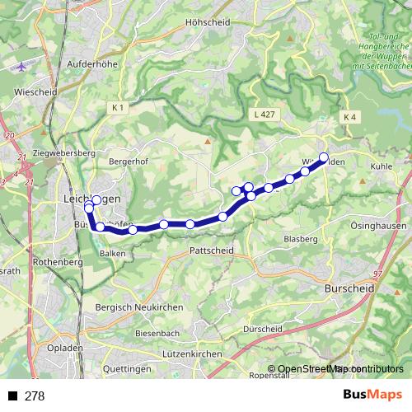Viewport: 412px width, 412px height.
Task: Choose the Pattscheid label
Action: click(x=212, y=250)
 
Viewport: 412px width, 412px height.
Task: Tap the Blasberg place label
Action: click(x=300, y=238)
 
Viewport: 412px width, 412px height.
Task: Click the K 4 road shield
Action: click(x=349, y=118)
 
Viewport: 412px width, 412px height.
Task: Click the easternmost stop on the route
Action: click(x=324, y=157)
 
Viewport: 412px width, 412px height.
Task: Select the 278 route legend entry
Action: click(x=27, y=396)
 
